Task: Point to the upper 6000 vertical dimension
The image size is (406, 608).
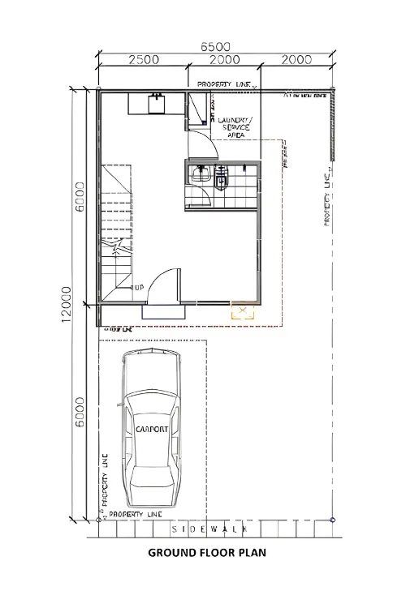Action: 80,197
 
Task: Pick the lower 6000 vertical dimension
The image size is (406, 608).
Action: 80,417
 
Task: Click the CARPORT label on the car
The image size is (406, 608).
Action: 152,429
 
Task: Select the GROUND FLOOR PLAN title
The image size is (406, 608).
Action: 206,554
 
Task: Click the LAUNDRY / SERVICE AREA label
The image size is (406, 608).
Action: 235,128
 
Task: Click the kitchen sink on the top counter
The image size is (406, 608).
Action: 156,104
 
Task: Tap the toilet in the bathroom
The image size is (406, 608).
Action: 221,178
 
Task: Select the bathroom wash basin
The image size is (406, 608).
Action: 200,173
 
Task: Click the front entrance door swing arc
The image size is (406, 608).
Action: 166,284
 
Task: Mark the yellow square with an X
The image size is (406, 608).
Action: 241,310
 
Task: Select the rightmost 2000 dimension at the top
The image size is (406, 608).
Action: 298,59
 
